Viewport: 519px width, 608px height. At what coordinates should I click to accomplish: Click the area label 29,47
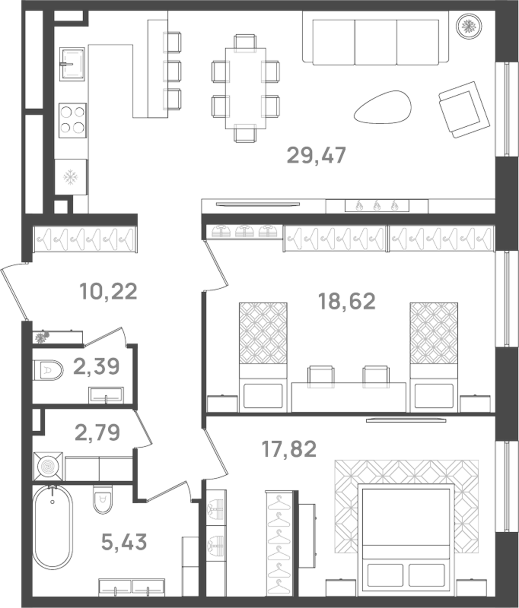316,156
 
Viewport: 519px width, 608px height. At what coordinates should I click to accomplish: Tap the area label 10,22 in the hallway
108,292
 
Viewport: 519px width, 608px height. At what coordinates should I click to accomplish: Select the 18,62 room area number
347,301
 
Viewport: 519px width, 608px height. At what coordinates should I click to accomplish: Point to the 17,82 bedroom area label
289,449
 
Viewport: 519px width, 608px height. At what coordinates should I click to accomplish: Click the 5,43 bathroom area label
124,542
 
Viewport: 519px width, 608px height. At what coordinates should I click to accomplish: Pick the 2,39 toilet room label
96,366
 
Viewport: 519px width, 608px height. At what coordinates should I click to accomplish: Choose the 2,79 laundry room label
97,432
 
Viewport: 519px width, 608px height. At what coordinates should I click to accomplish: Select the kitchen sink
72,64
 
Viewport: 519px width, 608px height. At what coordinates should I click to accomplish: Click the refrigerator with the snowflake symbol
71,177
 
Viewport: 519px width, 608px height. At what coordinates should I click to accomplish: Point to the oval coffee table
382,107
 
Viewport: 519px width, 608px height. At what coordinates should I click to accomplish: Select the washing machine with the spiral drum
47,466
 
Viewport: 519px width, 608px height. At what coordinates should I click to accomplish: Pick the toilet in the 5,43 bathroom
103,500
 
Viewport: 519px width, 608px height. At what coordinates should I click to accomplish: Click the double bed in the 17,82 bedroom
404,531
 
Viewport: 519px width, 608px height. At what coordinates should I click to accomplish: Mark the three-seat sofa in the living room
375,39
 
